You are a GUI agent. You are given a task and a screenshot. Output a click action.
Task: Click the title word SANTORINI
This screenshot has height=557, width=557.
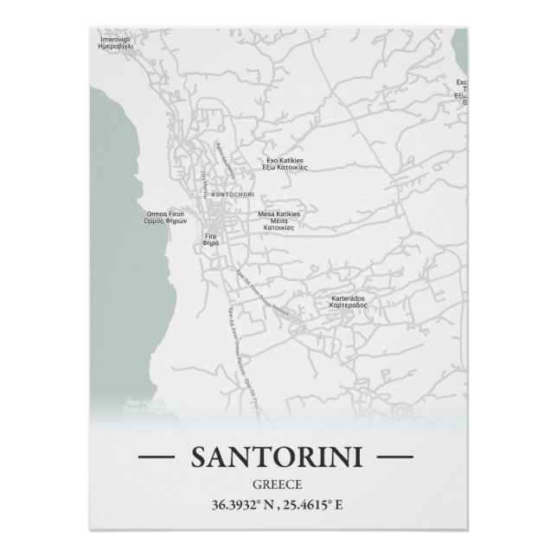278,455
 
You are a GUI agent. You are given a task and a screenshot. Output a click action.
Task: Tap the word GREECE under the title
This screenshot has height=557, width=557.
278,484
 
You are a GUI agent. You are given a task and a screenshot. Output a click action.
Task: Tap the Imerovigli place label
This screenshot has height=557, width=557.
114,40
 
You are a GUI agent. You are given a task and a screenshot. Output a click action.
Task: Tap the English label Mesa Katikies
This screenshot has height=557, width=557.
278,214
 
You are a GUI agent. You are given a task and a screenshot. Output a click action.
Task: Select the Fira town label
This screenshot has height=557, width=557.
210,236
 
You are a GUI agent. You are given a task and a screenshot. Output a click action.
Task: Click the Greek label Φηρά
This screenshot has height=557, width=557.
210,243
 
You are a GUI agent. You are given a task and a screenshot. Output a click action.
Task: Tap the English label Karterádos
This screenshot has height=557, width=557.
348,299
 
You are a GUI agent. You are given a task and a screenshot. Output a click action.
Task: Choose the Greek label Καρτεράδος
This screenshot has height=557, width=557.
348,306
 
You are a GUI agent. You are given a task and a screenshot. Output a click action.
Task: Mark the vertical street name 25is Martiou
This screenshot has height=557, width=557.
204,182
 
